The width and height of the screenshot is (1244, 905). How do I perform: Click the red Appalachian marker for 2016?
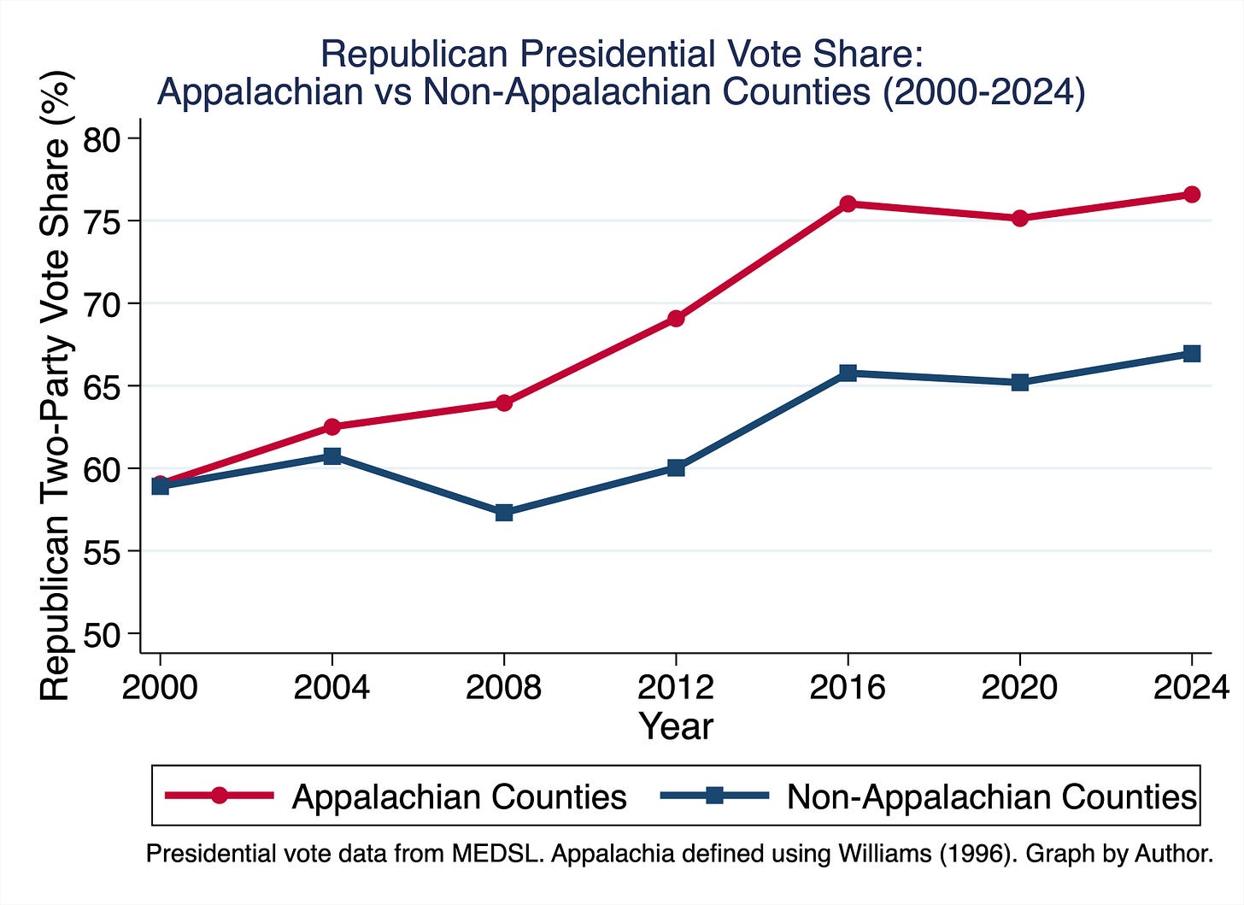click(848, 203)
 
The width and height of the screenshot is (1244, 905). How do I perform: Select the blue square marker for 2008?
click(504, 513)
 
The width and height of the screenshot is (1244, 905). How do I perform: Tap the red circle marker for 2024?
click(1192, 195)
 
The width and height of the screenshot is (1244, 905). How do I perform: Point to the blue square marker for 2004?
click(332, 456)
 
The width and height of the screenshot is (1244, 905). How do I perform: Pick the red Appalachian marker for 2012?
click(676, 319)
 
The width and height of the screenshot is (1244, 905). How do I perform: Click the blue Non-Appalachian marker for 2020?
click(1020, 382)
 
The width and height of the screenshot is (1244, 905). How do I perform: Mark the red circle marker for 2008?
click(504, 403)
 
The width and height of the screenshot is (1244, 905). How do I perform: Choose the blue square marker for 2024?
click(1192, 354)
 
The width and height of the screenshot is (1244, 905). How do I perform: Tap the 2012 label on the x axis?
click(676, 686)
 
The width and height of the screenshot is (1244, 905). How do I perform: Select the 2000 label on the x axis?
click(160, 686)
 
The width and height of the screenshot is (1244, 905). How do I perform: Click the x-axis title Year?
click(676, 726)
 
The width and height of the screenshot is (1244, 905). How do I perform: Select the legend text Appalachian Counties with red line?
click(460, 796)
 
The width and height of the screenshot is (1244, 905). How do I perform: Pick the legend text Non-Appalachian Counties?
click(991, 796)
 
